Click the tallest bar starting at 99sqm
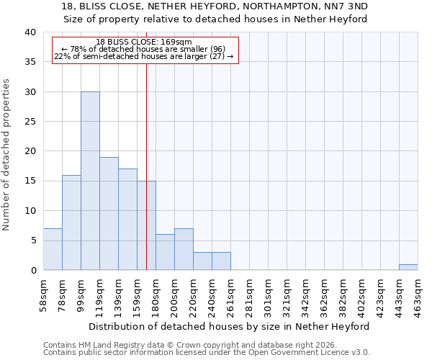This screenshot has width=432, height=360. (90, 181)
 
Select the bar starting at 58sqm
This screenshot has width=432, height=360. (53, 249)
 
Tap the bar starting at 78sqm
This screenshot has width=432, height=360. (71, 222)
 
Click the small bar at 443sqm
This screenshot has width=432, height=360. (408, 267)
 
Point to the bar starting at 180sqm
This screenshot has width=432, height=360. (165, 252)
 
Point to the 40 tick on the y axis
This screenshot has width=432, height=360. (31, 32)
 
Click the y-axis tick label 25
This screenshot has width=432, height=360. (31, 122)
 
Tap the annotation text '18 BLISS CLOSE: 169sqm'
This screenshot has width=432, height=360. (144, 42)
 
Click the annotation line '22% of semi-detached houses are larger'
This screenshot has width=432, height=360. (144, 56)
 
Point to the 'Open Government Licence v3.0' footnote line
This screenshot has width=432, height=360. (207, 353)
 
